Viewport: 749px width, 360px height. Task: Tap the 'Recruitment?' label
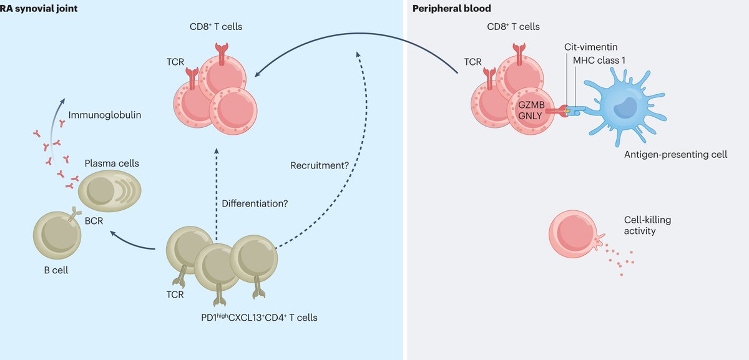[318, 166]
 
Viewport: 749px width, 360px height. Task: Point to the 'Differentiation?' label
[255, 203]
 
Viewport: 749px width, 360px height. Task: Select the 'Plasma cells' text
[111, 163]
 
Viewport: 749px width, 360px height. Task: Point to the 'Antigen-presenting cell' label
[675, 154]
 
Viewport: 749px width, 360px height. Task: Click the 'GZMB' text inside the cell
[528, 105]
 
